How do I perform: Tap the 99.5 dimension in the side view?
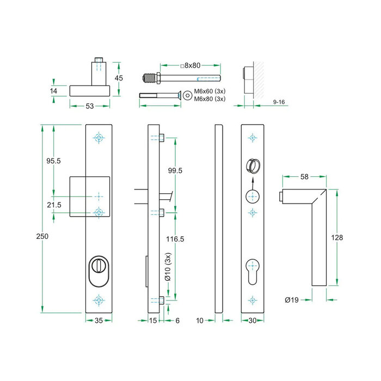pos(175,170)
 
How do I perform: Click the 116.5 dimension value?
pos(175,239)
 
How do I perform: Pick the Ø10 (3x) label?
pos(169,267)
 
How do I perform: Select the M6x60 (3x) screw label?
pos(210,91)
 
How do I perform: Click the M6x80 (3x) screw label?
pos(210,99)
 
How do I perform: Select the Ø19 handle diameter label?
pos(292,299)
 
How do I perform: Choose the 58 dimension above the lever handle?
pos(304,177)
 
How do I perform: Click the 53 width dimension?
pos(91,106)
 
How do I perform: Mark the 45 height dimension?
pos(119,78)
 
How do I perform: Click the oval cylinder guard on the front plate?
pos(99,269)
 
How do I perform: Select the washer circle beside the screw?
pos(187,95)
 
